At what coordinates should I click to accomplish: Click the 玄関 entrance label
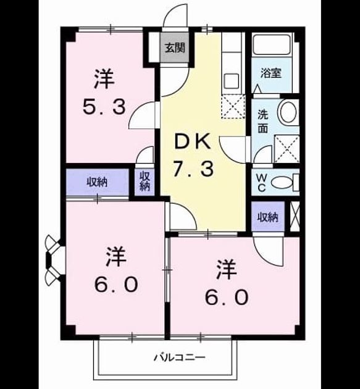coord(175,48)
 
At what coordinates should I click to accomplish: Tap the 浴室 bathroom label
coord(271,73)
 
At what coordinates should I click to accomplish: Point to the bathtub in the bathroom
coord(271,44)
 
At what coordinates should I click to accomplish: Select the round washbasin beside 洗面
coord(288,112)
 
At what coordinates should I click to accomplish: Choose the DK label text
coord(193,141)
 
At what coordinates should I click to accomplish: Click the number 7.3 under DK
coord(193,169)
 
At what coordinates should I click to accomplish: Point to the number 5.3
coord(104,107)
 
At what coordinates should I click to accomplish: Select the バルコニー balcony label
coord(180,358)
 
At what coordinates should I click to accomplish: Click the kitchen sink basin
coord(232,80)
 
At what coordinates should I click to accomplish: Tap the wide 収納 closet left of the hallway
coord(98,182)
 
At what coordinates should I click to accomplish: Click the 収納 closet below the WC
coord(268,217)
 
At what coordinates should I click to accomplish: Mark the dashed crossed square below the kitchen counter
coord(233,107)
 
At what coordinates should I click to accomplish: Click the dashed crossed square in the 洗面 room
coord(287,149)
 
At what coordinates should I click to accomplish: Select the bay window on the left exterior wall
coord(55,261)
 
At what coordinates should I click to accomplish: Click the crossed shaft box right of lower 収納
coord(295,217)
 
